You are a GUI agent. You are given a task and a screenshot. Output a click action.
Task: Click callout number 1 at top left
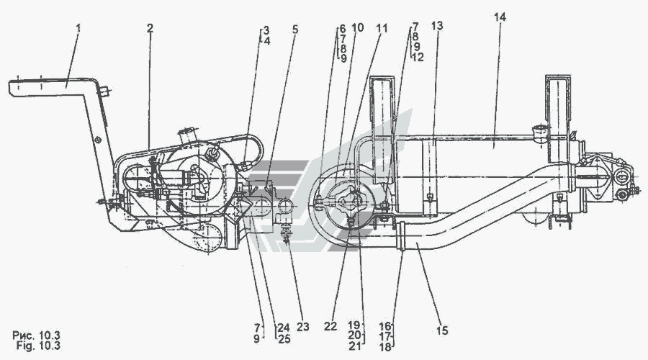click(x=78, y=28)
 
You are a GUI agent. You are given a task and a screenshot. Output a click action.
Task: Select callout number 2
click(x=150, y=28)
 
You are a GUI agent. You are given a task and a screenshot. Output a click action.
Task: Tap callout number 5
click(x=294, y=30)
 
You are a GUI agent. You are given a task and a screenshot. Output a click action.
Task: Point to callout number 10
click(x=357, y=27)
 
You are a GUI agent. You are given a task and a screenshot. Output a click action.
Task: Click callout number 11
click(x=382, y=28)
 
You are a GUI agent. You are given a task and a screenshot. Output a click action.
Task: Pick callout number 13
click(x=437, y=26)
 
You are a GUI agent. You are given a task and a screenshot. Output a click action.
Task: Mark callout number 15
click(x=442, y=330)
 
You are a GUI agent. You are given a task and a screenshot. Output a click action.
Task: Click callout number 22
click(x=330, y=327)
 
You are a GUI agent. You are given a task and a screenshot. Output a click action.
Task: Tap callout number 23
click(x=303, y=327)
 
